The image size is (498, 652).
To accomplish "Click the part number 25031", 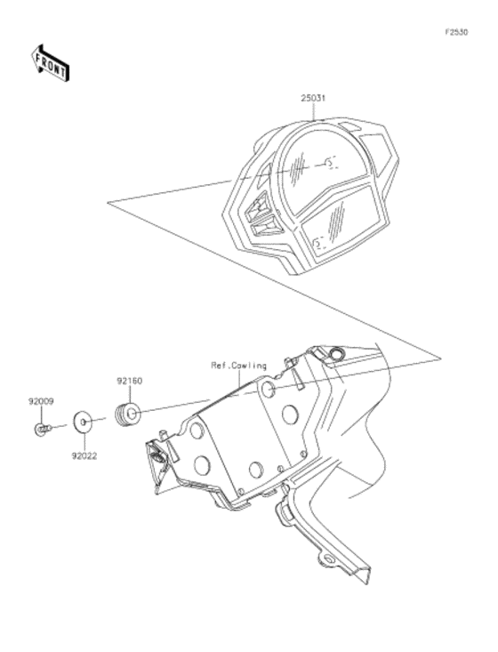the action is point(313,99).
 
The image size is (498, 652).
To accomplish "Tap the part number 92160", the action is point(129,381).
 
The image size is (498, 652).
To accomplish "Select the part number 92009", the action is point(41,402).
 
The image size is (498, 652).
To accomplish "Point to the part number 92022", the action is point(84,456).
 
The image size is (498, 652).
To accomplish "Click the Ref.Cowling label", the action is point(238,366).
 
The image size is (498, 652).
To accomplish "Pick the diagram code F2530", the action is point(456,32).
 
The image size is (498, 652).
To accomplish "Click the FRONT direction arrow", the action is point(50,63).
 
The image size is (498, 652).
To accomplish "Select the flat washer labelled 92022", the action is point(82,422).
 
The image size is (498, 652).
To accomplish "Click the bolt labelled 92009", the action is point(42,429).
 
